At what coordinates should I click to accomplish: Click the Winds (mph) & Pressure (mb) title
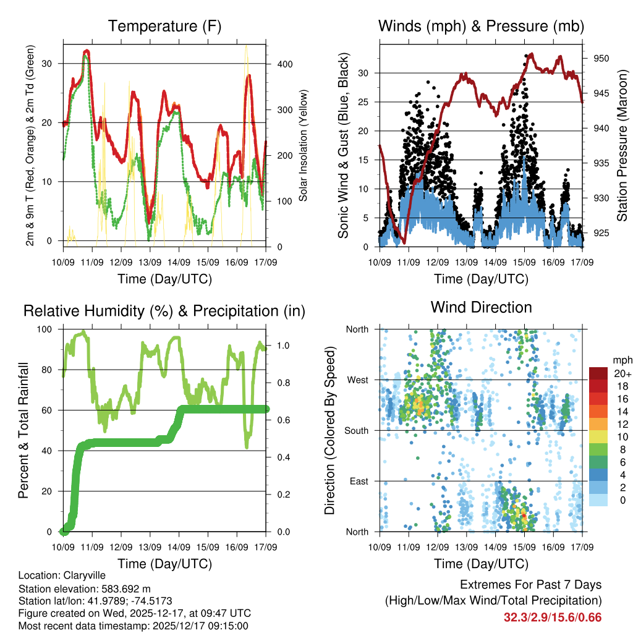[x=481, y=27]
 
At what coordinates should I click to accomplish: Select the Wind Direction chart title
[x=481, y=307]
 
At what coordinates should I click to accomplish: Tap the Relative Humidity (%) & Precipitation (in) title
[x=164, y=312]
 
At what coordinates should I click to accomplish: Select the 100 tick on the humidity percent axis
[x=49, y=329]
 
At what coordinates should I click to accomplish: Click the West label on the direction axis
[x=357, y=380]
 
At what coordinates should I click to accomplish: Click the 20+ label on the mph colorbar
[x=622, y=374]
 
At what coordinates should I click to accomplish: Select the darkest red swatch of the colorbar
[x=598, y=374]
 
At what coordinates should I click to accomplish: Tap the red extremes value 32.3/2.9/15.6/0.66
[x=553, y=618]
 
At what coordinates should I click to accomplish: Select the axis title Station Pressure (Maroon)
[x=622, y=145]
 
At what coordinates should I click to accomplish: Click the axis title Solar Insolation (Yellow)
[x=304, y=145]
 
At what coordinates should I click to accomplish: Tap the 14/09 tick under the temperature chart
[x=179, y=262]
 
